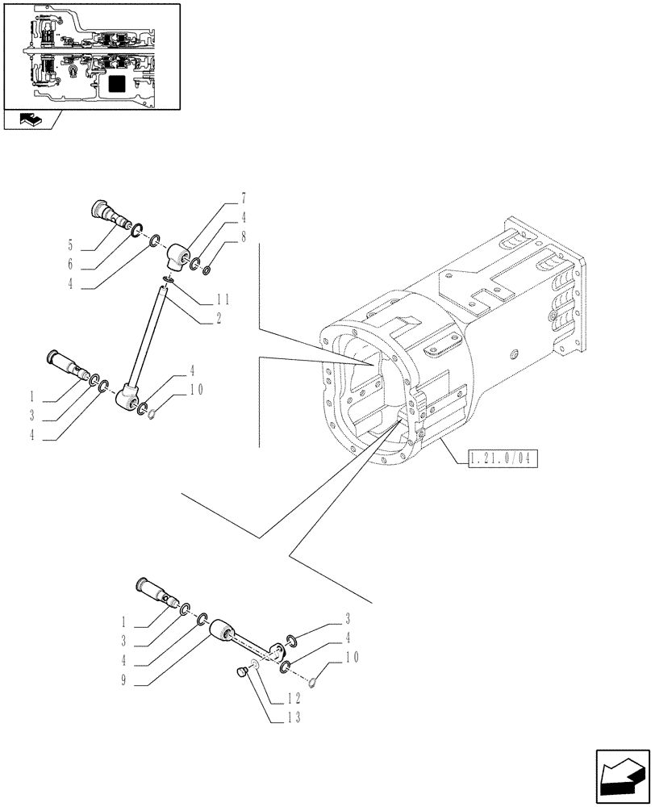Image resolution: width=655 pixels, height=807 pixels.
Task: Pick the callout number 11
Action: point(223,299)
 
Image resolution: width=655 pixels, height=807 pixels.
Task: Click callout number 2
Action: point(218,320)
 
